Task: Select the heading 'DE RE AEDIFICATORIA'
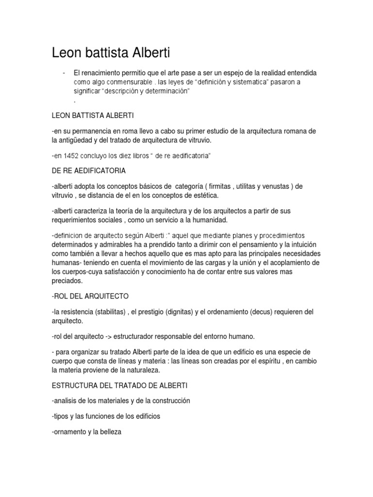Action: (88, 171)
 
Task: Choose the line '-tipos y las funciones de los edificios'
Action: (105, 416)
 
